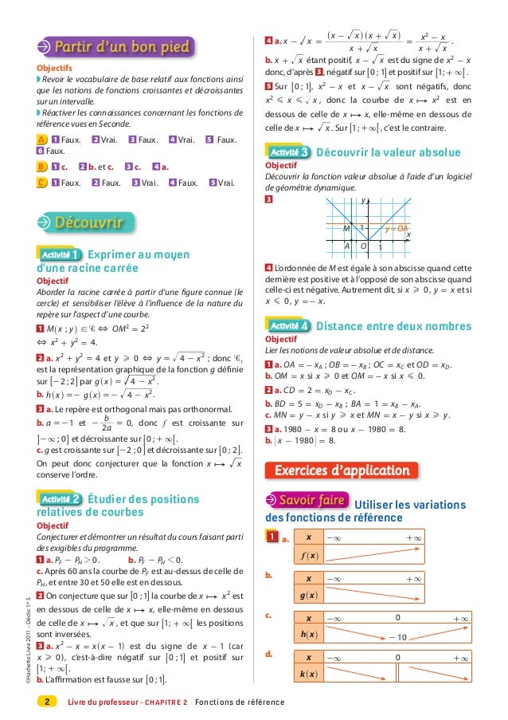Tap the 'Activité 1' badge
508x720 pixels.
pyautogui.click(x=58, y=254)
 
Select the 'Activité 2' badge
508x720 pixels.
pyautogui.click(x=58, y=477)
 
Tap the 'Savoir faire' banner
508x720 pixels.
pyautogui.click(x=308, y=501)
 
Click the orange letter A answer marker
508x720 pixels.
pyautogui.click(x=41, y=140)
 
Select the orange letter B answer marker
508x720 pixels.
pyautogui.click(x=41, y=167)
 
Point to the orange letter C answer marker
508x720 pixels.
pyautogui.click(x=41, y=183)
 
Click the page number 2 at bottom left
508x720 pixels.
pyautogui.click(x=47, y=702)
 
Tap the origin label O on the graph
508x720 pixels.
pyautogui.click(x=364, y=246)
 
